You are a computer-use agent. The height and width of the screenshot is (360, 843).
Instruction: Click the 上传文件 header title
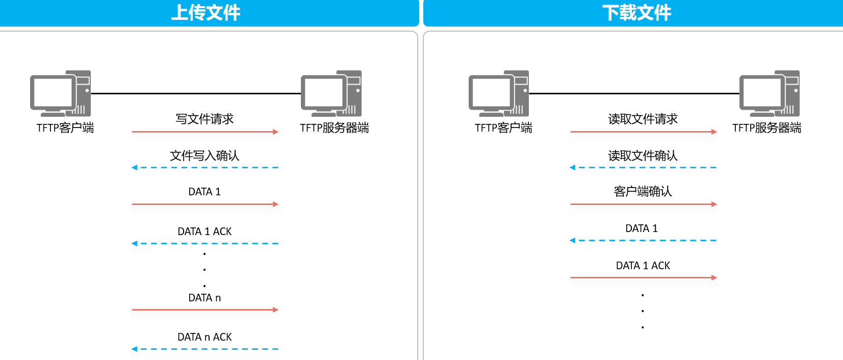[206, 13]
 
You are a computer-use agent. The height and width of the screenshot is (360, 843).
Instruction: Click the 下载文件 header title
[636, 13]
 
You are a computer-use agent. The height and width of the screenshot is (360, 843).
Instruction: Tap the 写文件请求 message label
[205, 119]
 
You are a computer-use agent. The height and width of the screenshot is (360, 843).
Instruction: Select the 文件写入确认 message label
[205, 156]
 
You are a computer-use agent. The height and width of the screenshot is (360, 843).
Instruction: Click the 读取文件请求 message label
[643, 119]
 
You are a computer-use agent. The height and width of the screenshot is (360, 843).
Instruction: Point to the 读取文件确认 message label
[643, 156]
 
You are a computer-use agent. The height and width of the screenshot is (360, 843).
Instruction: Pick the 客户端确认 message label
[643, 192]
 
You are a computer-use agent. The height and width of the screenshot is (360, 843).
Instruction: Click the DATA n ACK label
[205, 337]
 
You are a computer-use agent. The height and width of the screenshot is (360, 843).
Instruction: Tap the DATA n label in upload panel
[205, 298]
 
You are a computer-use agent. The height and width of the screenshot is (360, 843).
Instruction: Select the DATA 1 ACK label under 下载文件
[643, 266]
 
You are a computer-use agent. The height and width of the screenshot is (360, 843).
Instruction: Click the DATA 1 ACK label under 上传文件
[205, 232]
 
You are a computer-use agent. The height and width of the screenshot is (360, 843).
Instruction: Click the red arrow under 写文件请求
[205, 132]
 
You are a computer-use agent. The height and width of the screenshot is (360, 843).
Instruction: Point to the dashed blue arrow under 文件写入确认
[205, 167]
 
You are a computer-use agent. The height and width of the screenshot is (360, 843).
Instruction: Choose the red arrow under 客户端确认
[644, 204]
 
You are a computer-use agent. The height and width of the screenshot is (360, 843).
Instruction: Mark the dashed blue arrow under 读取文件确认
[643, 167]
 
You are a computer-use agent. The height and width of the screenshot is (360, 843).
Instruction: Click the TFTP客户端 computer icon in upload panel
[61, 93]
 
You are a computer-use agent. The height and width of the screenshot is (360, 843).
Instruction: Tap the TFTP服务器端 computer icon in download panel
[769, 93]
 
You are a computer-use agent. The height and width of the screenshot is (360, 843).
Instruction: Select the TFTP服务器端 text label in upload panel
[334, 128]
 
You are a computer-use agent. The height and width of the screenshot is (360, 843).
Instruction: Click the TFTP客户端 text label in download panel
[503, 128]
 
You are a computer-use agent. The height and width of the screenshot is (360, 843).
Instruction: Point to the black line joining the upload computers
[196, 93]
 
